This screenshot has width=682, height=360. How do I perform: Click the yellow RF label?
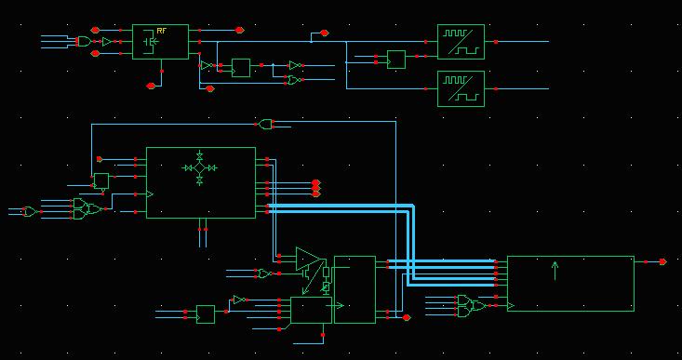pyautogui.click(x=161, y=31)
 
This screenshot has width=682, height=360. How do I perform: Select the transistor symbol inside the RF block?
pyautogui.click(x=151, y=42)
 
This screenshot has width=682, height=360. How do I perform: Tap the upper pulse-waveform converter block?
pyautogui.click(x=461, y=42)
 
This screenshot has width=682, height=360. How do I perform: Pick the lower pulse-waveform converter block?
pyautogui.click(x=461, y=88)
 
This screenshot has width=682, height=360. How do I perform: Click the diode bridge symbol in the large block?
pyautogui.click(x=200, y=167)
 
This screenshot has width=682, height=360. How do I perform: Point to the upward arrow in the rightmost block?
pyautogui.click(x=555, y=271)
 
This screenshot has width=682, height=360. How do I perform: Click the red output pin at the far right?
pyautogui.click(x=662, y=261)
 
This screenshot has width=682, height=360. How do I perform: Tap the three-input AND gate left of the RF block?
pyautogui.click(x=84, y=42)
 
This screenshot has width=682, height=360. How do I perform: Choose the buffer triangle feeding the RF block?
pyautogui.click(x=107, y=42)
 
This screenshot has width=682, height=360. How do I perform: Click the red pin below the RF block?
pyautogui.click(x=151, y=86)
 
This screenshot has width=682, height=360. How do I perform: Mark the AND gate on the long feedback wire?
pyautogui.click(x=265, y=125)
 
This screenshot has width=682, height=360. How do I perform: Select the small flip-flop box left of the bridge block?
pyautogui.click(x=101, y=180)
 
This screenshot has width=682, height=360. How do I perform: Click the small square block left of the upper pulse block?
pyautogui.click(x=396, y=60)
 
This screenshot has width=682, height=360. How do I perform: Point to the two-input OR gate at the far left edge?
pyautogui.click(x=30, y=212)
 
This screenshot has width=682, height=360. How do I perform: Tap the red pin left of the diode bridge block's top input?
pyautogui.click(x=100, y=159)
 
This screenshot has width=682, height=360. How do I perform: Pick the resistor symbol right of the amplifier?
pyautogui.click(x=327, y=273)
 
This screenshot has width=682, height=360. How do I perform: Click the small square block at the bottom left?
pyautogui.click(x=206, y=314)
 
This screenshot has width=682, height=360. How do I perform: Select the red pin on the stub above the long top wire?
pyautogui.click(x=324, y=33)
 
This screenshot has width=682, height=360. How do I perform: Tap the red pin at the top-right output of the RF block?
pyautogui.click(x=239, y=30)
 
